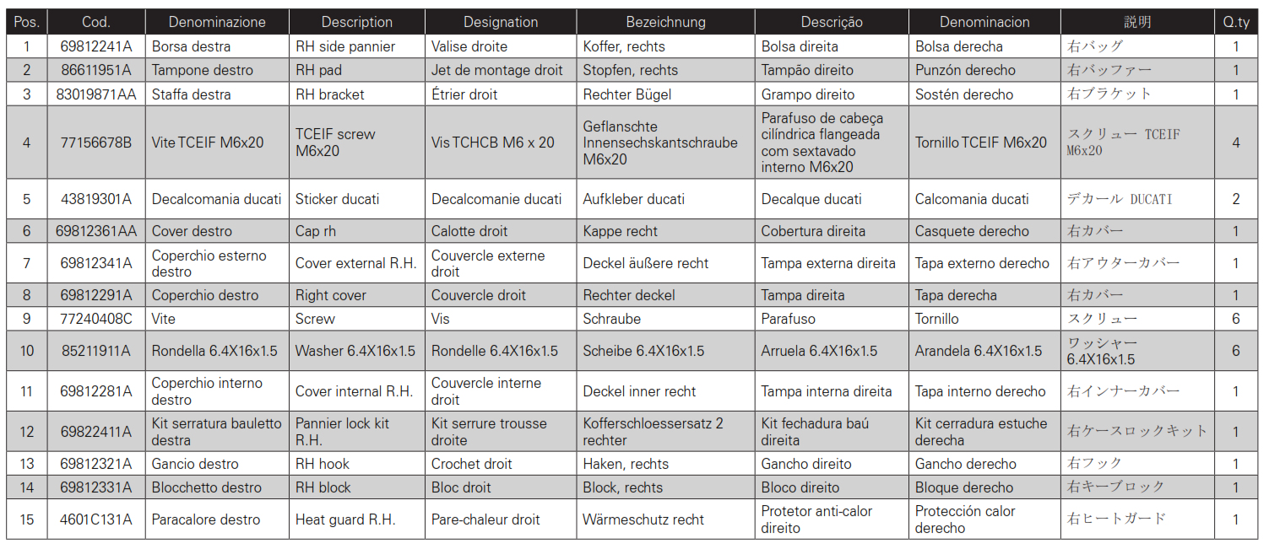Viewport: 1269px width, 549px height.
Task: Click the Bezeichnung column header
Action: click(665, 22)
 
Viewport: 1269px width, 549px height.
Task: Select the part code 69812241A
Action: click(96, 46)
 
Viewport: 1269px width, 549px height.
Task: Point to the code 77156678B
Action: click(96, 143)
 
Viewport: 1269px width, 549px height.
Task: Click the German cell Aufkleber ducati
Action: click(633, 199)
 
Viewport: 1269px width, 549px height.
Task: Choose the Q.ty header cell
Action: click(1236, 22)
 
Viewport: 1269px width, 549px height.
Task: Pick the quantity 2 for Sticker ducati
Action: click(1236, 199)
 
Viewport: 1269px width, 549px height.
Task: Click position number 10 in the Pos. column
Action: click(27, 351)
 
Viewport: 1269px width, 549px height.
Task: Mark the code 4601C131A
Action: click(96, 519)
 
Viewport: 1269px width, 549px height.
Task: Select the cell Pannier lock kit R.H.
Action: click(342, 432)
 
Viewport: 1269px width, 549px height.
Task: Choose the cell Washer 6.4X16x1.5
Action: click(355, 351)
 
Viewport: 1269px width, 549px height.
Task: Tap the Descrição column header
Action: click(832, 22)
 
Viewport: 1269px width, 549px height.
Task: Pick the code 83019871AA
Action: click(96, 94)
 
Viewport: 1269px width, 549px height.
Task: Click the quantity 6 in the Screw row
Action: click(1236, 319)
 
